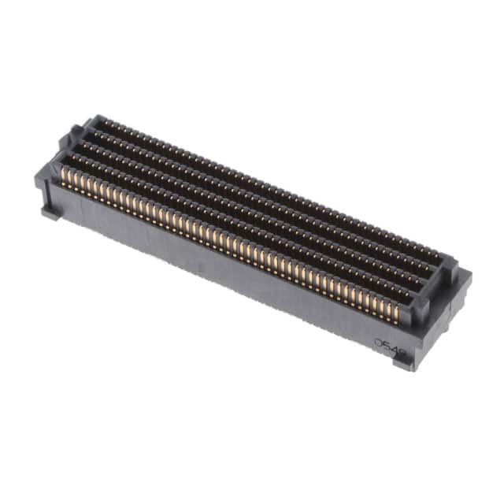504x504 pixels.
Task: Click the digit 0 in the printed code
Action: tap(379, 343)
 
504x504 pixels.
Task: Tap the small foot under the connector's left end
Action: tap(50, 211)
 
